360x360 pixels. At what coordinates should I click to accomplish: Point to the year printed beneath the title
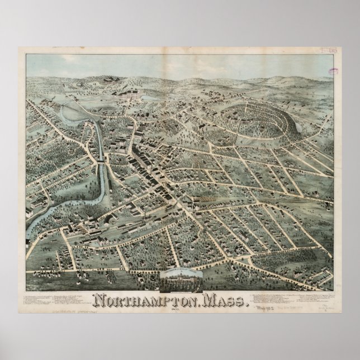tap(179, 311)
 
